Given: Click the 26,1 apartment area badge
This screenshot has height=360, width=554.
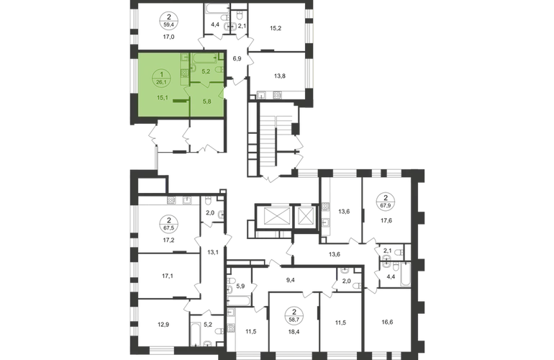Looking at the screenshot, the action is tap(162, 78).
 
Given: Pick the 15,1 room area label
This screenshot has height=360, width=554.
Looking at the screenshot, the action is tap(162, 98).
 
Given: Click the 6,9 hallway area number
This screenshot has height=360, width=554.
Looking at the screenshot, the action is tap(237, 59).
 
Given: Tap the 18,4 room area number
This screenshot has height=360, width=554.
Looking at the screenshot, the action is tap(294, 332).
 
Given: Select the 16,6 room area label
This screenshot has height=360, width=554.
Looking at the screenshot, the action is tap(387, 322).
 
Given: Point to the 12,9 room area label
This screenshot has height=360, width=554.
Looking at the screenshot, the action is tap(163, 324).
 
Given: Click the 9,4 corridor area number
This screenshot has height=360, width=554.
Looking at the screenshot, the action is tap(290, 280).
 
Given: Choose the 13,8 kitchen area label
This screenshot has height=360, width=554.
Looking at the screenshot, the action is tap(279, 76).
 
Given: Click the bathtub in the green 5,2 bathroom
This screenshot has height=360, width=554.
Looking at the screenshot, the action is tap(204, 58).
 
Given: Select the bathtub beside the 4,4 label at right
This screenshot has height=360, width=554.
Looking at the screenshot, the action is tap(406, 274).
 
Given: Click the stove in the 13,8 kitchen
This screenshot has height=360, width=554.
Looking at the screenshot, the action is tap(277, 95).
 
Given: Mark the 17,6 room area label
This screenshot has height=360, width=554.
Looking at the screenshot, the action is tap(386, 220).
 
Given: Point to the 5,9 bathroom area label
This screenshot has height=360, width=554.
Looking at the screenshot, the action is tap(240, 286).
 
